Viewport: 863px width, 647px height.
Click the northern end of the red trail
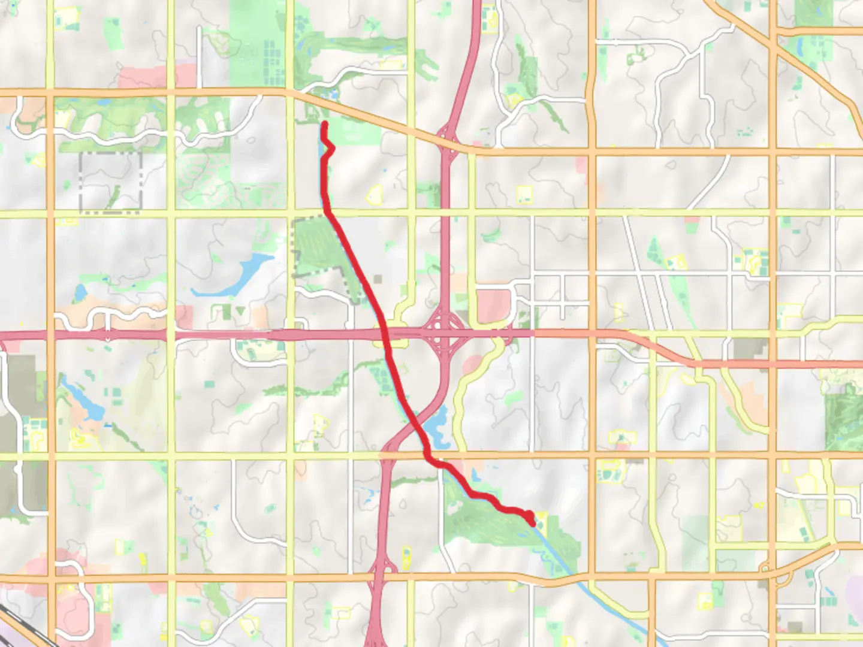[325, 123]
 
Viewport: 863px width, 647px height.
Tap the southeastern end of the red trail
[532, 523]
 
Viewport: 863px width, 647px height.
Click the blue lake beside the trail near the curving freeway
[437, 427]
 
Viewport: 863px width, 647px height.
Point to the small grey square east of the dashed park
[378, 279]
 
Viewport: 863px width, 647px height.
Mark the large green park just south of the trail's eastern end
[497, 527]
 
